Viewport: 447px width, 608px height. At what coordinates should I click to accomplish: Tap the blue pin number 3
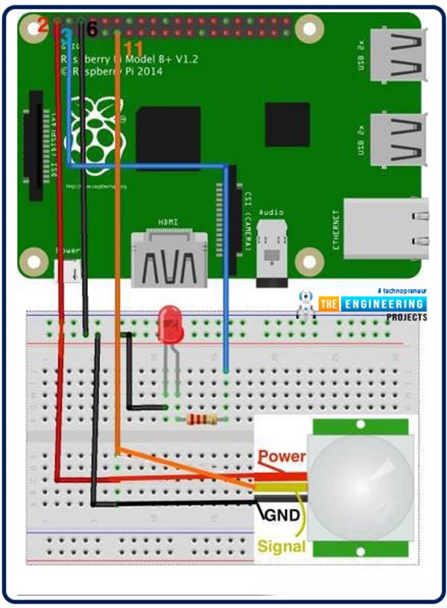tap(66, 35)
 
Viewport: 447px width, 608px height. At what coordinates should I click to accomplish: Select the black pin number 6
tap(92, 29)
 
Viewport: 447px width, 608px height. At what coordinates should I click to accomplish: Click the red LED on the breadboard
tap(169, 325)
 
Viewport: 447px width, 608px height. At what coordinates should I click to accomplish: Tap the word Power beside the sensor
tap(281, 456)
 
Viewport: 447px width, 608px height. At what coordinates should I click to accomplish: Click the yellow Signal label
tap(282, 546)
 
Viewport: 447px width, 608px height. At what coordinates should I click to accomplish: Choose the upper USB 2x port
tap(398, 59)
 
